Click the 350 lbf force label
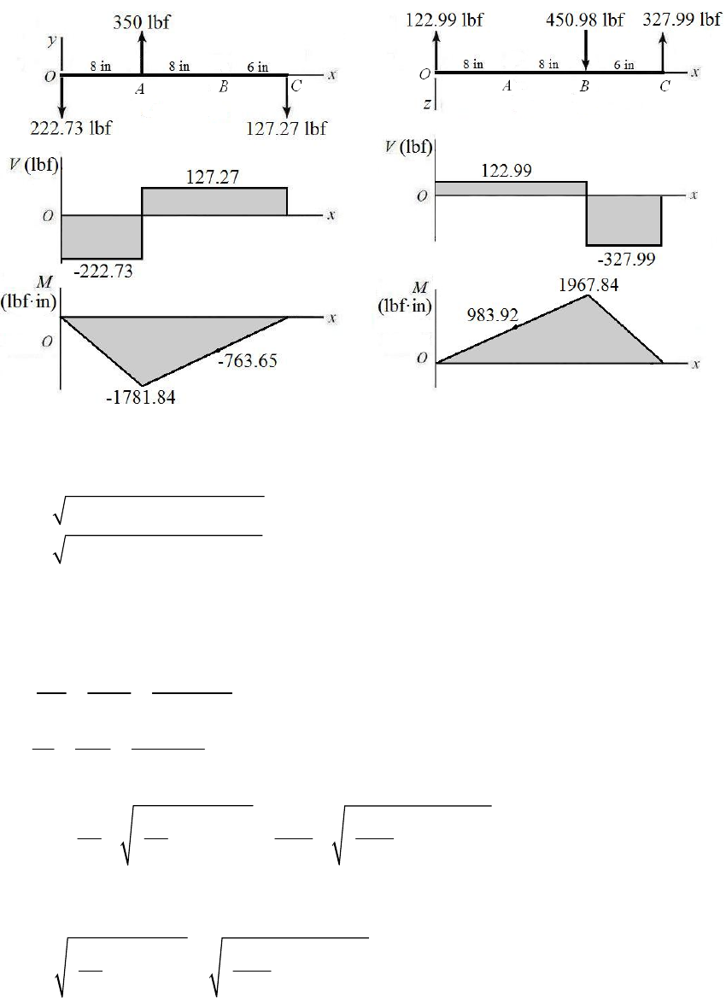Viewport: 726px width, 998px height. tap(142, 23)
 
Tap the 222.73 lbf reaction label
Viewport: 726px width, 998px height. tap(71, 128)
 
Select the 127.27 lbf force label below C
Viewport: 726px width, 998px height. tap(286, 129)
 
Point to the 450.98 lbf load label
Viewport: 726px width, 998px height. tap(584, 20)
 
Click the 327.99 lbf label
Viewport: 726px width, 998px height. tap(682, 20)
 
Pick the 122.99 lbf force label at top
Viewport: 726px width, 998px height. tap(444, 20)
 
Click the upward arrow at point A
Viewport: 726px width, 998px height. tap(142, 54)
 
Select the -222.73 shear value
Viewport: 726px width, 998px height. tap(103, 271)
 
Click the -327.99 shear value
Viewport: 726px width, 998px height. tap(626, 259)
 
